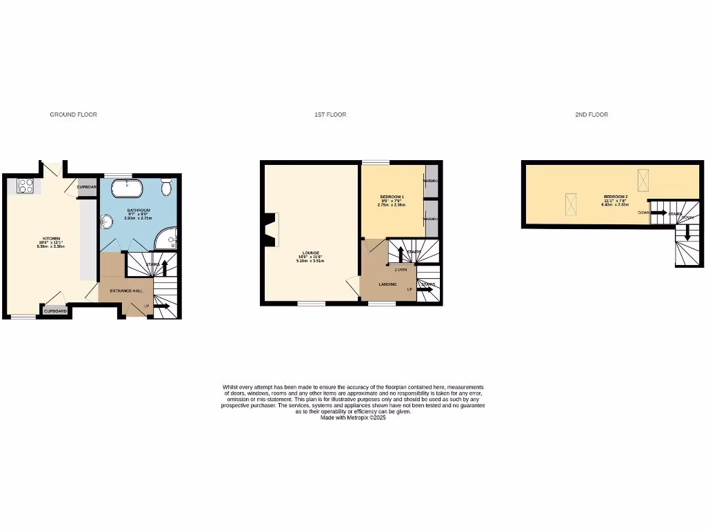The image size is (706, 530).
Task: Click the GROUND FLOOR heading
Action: pos(73,115)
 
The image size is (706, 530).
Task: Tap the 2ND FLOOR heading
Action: pos(592,115)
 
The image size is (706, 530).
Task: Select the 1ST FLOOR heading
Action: pos(330,115)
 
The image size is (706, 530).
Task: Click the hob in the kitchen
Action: pos(26,186)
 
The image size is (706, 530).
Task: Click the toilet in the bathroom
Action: pos(166,187)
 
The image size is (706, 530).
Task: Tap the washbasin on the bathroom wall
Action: pos(107,222)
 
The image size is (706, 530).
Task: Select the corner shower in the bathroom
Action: pos(167,239)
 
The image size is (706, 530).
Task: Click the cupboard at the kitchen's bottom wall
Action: pos(56,311)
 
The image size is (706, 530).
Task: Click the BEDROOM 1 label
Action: pos(390,197)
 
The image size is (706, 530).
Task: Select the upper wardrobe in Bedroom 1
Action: pos(432,181)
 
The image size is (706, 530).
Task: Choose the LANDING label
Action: pos(387,284)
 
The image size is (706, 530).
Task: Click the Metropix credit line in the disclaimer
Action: pos(353,418)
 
